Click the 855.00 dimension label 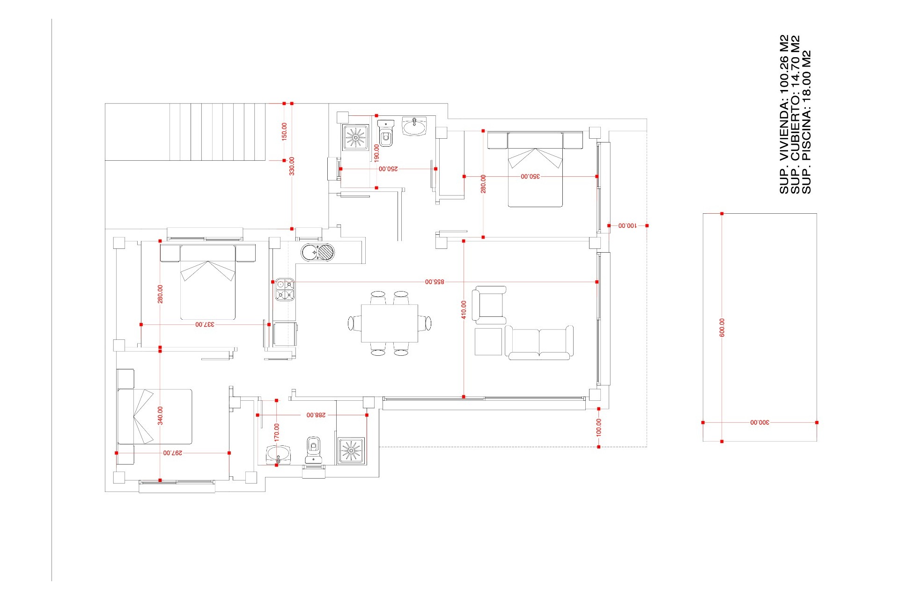[x=435, y=282]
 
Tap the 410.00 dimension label [x=464, y=310]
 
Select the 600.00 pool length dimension [x=722, y=327]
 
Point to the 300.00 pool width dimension [x=759, y=422]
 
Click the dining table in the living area [x=390, y=323]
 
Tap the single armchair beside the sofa [x=489, y=305]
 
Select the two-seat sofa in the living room [x=539, y=343]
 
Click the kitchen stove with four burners [x=285, y=289]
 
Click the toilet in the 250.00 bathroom [x=386, y=133]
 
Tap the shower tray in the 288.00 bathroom [x=351, y=450]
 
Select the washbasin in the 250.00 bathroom [x=414, y=126]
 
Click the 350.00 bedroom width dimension [x=530, y=176]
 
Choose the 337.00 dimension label [x=205, y=324]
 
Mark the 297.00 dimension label [x=173, y=453]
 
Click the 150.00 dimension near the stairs [x=284, y=132]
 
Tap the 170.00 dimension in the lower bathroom [x=276, y=433]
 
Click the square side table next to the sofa [x=488, y=342]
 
